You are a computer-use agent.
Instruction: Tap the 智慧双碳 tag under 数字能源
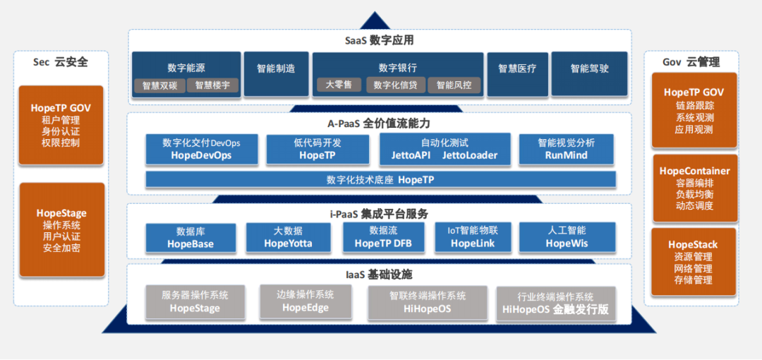tap(159, 85)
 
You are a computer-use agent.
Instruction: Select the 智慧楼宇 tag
tap(213, 85)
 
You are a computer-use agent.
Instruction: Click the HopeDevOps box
tap(201, 149)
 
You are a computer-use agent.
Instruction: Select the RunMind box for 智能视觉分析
tap(567, 149)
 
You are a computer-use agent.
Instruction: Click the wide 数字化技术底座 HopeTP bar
tap(380, 180)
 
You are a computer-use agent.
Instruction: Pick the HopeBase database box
tap(190, 238)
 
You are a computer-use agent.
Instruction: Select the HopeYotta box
tap(288, 238)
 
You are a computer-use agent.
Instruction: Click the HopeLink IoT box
tap(473, 238)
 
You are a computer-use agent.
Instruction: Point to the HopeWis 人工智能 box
tap(567, 238)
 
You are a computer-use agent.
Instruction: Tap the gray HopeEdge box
tap(306, 301)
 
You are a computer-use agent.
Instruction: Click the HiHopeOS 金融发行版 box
tap(555, 304)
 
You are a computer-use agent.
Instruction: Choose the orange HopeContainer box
tap(694, 188)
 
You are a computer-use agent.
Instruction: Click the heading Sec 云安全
tap(61, 62)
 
